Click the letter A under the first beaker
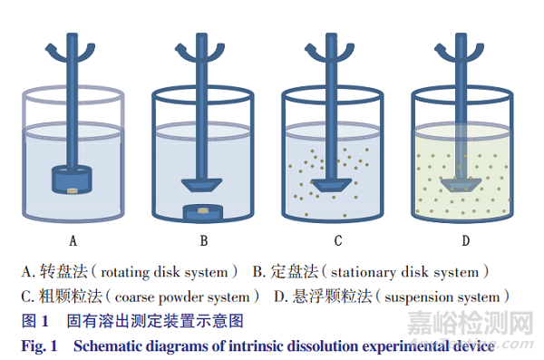73,241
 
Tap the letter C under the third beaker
338,241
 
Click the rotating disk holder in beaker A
73,180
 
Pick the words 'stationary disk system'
404,272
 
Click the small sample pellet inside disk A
73,188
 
